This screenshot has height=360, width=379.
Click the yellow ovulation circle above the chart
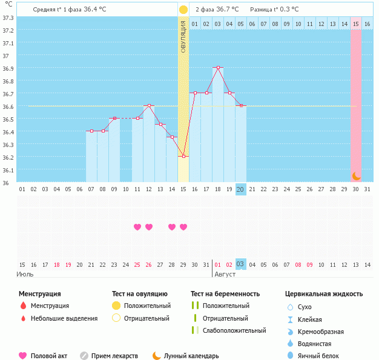tap(183, 10)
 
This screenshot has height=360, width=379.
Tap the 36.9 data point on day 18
tap(218, 68)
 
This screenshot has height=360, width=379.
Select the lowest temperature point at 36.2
tap(183, 157)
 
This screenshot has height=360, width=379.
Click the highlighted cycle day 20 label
tap(240, 189)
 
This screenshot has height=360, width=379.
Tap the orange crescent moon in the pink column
tap(357, 175)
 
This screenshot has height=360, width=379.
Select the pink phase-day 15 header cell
tap(356, 23)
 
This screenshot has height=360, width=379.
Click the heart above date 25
tap(137, 227)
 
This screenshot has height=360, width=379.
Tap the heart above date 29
tap(183, 227)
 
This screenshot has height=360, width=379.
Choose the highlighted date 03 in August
tap(240, 264)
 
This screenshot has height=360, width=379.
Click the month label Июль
tap(25, 274)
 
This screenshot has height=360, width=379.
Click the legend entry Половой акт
tap(48, 356)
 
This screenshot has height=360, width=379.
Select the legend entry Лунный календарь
tap(191, 356)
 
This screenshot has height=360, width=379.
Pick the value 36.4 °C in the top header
tap(97, 10)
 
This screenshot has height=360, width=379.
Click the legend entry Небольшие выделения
tap(64, 318)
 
